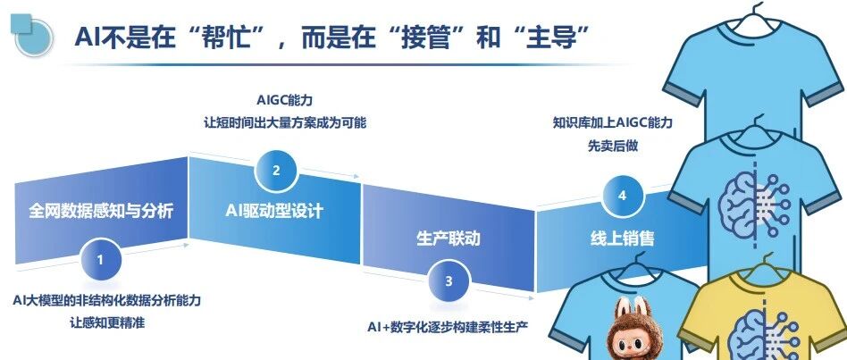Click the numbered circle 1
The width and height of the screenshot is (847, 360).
(x=101, y=260)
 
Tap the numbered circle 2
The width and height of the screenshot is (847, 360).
(x=276, y=170)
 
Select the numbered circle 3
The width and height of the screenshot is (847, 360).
(x=449, y=280)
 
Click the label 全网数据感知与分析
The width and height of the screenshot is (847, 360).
(x=101, y=212)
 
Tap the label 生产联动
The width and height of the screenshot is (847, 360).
(x=449, y=239)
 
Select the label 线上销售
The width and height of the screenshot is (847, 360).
(x=623, y=239)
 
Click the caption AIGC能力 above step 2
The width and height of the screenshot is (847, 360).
(x=284, y=100)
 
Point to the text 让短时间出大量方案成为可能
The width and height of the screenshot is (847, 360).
(x=284, y=121)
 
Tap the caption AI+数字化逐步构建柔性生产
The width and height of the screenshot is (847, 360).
(x=448, y=326)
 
